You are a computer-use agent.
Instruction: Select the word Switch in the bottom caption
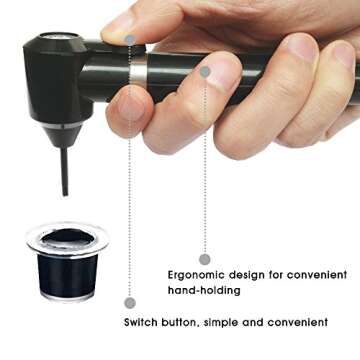(141, 322)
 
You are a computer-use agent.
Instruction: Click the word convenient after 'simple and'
(299, 322)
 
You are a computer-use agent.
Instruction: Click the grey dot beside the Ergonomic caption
(205, 259)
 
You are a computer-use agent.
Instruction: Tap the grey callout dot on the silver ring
(130, 40)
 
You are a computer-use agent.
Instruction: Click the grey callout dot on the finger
(205, 72)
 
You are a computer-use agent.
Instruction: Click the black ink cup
(68, 262)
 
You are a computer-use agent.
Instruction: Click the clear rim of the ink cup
(68, 240)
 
